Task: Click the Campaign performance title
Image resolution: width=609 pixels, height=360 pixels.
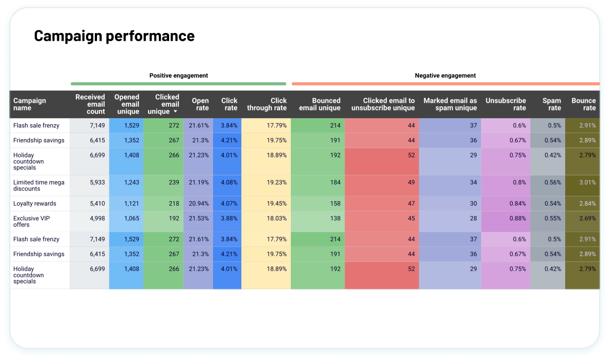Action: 114,36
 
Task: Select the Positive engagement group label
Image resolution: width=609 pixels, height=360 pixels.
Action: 178,76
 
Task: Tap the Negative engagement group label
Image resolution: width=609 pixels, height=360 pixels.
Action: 445,76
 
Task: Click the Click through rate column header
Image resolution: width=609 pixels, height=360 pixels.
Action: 267,104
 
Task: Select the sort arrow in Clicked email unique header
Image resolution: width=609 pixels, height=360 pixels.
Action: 175,112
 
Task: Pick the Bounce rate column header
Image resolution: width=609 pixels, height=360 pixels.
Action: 583,104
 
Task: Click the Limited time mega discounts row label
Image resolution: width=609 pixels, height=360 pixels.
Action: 39,185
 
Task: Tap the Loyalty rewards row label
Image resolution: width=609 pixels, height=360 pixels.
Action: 35,203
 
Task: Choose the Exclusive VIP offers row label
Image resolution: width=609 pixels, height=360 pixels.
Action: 31,221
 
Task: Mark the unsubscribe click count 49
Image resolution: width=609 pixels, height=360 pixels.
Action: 410,182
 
